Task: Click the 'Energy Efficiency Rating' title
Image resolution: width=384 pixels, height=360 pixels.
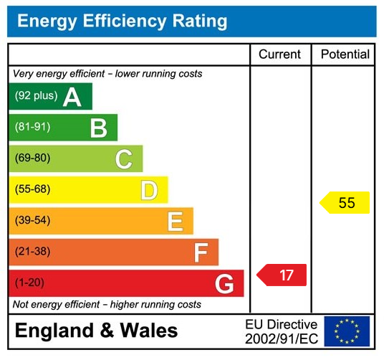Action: (x=122, y=21)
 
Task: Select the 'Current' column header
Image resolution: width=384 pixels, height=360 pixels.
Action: (x=280, y=55)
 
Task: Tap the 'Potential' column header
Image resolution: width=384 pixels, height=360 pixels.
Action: (x=345, y=55)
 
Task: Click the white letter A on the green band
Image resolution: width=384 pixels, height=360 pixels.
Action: (x=72, y=97)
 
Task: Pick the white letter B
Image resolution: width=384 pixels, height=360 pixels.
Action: (x=98, y=128)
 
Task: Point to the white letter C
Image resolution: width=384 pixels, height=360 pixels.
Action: (x=124, y=159)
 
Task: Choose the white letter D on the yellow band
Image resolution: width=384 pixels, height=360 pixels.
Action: (x=149, y=191)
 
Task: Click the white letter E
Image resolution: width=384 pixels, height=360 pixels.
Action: (x=175, y=222)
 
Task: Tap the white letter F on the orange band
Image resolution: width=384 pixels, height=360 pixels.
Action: (x=201, y=252)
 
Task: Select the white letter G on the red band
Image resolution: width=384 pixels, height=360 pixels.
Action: (x=224, y=284)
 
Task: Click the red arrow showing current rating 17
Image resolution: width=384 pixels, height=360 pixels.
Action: (x=283, y=275)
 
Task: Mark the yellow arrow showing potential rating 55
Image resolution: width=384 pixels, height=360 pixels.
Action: (x=345, y=203)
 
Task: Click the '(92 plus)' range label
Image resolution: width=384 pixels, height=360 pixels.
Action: (x=36, y=96)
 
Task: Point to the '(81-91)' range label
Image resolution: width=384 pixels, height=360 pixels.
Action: (x=32, y=127)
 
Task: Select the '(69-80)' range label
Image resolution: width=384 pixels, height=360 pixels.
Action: (x=32, y=158)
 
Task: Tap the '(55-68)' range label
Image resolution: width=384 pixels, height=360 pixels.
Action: (x=32, y=190)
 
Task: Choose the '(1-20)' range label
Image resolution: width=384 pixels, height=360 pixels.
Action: (x=29, y=283)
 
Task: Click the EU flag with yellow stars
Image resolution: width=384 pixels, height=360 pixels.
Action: (x=347, y=331)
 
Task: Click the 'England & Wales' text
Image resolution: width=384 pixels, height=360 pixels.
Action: (x=97, y=331)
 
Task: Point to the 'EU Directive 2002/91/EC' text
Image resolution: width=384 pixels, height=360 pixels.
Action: (x=281, y=331)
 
